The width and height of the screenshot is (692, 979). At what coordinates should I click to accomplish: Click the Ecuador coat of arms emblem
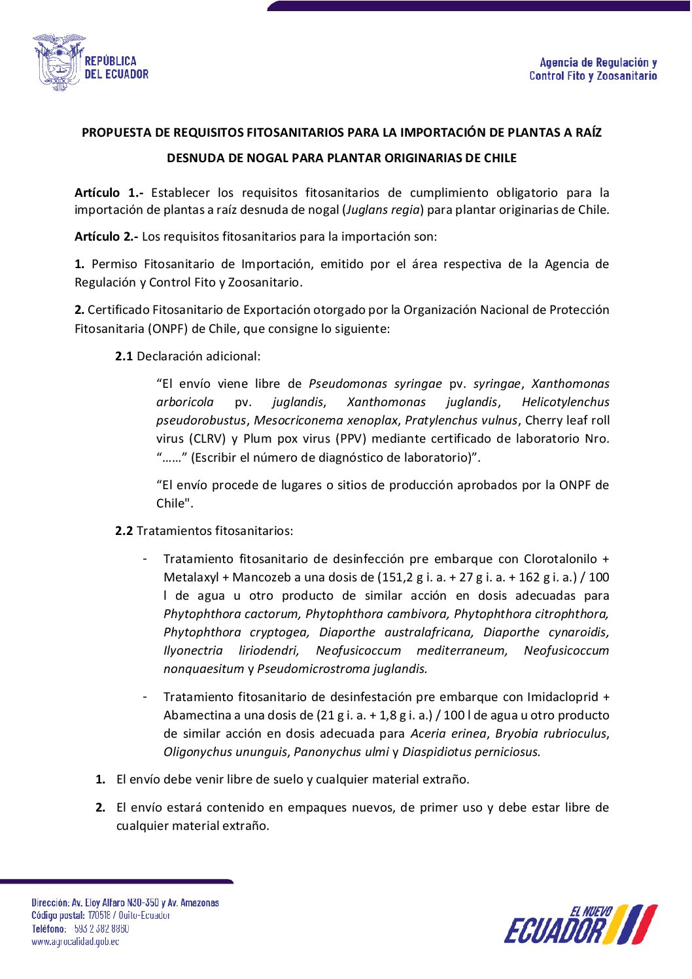58,62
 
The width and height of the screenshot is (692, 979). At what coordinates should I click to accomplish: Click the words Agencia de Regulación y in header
598,63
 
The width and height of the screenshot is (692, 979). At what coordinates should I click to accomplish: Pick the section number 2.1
124,356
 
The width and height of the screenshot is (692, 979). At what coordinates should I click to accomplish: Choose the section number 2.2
124,531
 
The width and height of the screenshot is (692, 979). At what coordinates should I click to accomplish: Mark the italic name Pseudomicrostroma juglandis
342,669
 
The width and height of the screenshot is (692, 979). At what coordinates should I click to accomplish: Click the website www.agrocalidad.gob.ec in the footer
75,942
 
